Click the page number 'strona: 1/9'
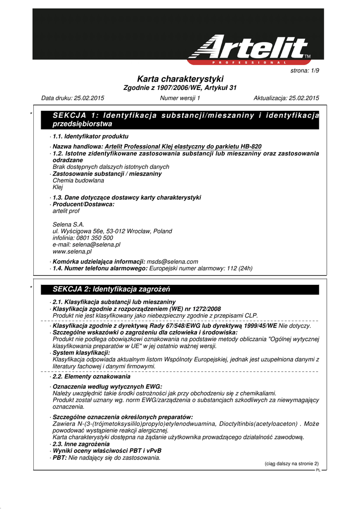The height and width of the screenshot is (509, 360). point(304,71)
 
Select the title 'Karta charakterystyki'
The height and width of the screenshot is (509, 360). point(180,79)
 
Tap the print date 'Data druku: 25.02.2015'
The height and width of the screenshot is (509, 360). point(73,98)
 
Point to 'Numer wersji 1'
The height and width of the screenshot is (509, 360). point(180,98)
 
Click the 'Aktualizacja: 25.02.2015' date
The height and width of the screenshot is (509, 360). point(286,98)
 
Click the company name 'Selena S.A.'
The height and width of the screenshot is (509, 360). point(69,224)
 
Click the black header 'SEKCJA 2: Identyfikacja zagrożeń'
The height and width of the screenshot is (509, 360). point(111,289)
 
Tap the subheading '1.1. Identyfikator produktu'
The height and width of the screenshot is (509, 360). point(90,136)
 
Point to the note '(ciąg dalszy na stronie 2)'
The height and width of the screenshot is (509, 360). point(291,463)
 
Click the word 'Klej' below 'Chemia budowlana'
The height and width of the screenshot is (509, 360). point(58,188)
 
